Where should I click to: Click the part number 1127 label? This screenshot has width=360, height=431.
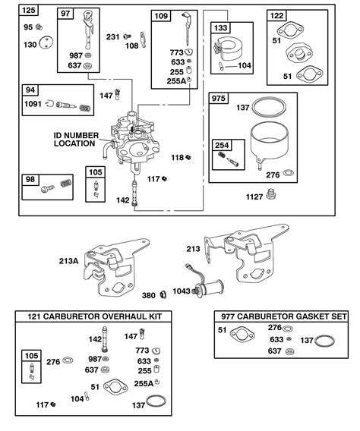point(254,197)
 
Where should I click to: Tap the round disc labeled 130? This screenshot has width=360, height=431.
point(46,43)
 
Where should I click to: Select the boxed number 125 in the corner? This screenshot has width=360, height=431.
point(29,11)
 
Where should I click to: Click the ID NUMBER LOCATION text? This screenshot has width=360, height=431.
point(76,140)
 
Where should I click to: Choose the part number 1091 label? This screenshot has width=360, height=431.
point(33,104)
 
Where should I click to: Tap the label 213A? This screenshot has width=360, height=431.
point(69,261)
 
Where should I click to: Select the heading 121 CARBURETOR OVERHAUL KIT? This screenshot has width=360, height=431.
point(94,316)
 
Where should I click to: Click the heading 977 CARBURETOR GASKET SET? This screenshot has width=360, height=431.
point(284,316)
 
